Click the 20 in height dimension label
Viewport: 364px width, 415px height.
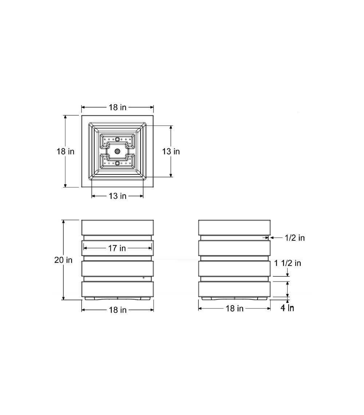(63, 260)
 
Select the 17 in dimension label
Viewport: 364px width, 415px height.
(117, 248)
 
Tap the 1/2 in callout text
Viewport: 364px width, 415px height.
(295, 238)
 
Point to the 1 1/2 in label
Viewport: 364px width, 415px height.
(288, 263)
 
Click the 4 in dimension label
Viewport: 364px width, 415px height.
(288, 308)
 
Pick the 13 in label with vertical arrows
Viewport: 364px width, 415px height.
(171, 151)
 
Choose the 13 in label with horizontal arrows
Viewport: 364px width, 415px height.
(118, 196)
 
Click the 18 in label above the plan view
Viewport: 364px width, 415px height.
(118, 107)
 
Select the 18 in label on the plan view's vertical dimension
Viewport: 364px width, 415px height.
(66, 151)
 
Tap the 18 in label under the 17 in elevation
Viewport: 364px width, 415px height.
(118, 310)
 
